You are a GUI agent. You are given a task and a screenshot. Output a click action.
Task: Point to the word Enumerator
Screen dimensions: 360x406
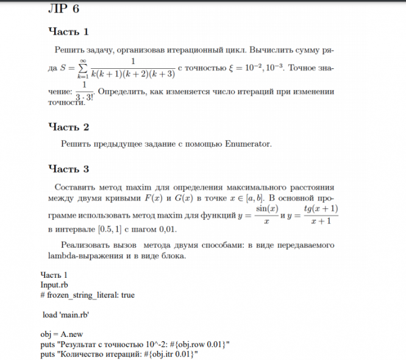coord(246,144)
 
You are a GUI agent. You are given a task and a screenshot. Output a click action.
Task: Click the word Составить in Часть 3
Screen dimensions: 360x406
coord(74,187)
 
